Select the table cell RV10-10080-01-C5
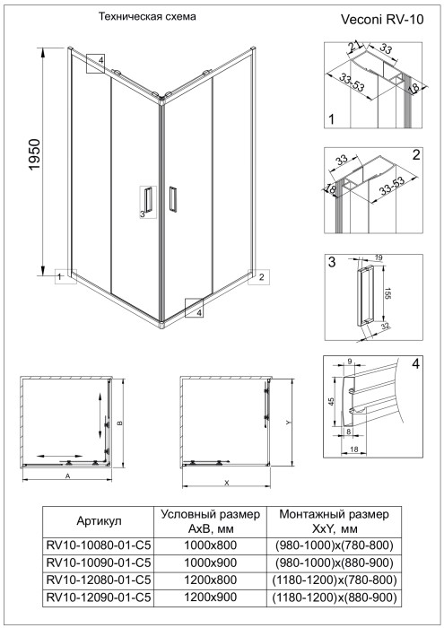tap(98, 545)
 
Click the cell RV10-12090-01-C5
tap(98, 596)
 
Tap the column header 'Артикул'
tap(98, 520)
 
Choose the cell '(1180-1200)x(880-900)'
tap(334, 596)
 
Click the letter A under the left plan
tap(68, 477)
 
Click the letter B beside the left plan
tap(119, 423)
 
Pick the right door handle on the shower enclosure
tap(173, 200)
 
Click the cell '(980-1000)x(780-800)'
tap(334, 545)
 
